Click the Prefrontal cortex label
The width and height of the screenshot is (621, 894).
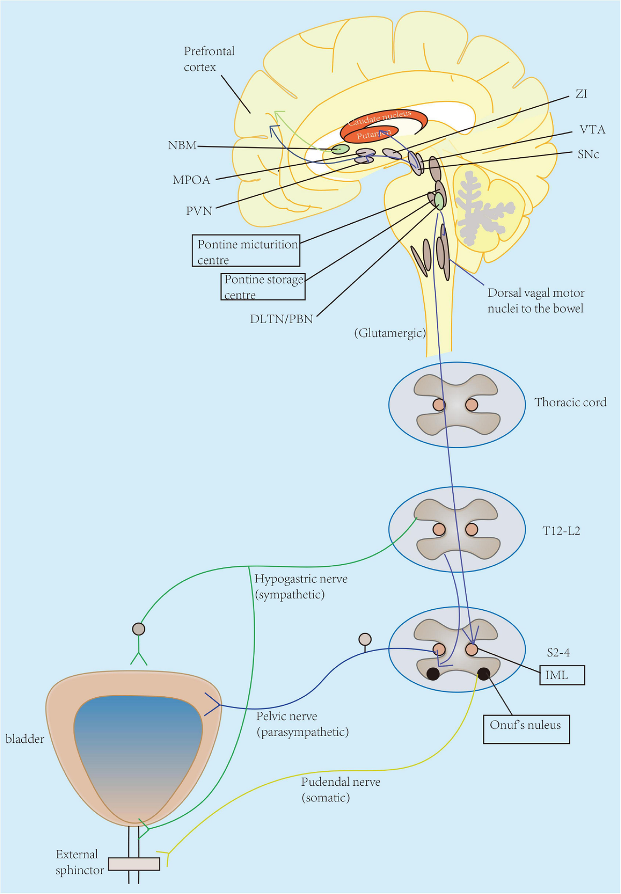pos(209,59)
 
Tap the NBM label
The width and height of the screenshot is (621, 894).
pos(182,145)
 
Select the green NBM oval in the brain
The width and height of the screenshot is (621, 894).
pos(340,149)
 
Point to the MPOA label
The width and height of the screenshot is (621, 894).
pos(191,180)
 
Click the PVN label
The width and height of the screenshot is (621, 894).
pos(199,211)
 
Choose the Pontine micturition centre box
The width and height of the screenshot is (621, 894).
pos(246,251)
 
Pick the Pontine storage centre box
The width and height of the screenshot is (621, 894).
pos(263,287)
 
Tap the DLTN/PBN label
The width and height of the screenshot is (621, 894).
pos(282,319)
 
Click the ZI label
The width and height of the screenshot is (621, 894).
pos(581,94)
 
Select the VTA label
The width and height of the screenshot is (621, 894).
pos(592,129)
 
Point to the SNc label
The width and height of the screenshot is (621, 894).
pos(588,154)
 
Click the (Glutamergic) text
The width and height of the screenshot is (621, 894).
pos(390,333)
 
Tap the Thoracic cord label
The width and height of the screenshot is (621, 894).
pos(570,402)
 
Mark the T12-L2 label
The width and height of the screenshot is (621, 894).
pos(561,531)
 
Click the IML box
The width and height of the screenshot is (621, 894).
pos(562,675)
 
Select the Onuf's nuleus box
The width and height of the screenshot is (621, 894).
pos(526,729)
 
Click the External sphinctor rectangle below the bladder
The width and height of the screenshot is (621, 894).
pos(134,863)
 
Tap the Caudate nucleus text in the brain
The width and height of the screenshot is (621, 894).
pos(379,118)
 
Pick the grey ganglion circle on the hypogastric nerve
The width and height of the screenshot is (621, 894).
pos(139,629)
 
